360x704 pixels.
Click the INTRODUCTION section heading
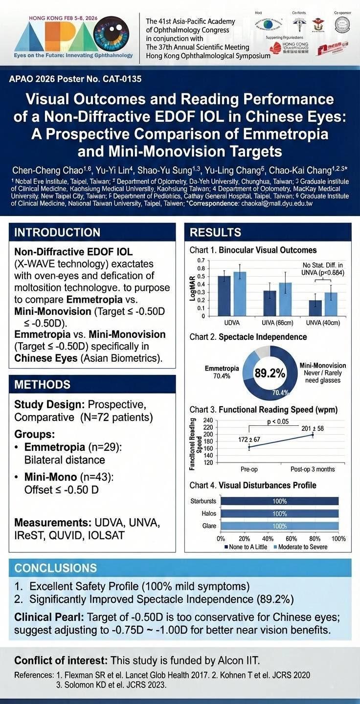tap(57, 232)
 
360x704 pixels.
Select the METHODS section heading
tap(43, 384)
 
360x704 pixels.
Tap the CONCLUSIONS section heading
tap(55, 568)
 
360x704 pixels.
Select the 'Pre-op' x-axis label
tap(249, 469)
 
